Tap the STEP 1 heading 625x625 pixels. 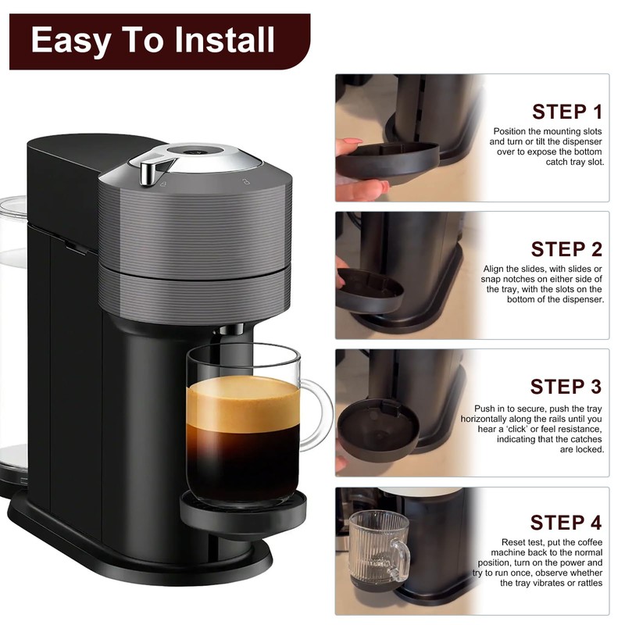(566, 112)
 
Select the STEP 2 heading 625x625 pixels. (566, 249)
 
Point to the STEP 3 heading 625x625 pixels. (566, 387)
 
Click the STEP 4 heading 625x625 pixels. (566, 523)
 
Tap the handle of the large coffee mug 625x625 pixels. (316, 414)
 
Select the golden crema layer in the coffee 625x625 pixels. (243, 402)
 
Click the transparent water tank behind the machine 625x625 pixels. (12, 328)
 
